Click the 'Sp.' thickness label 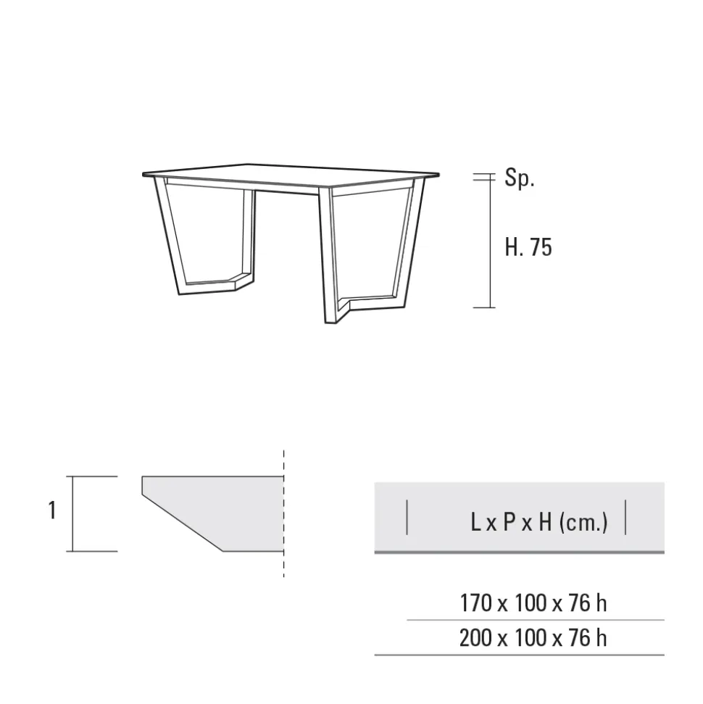point(520,178)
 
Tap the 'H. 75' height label point(528,247)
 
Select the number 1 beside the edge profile point(52,510)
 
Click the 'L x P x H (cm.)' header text point(539,522)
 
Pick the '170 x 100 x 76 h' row point(533,603)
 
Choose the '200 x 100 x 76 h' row point(533,637)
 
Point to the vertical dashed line point(283,513)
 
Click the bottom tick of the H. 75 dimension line point(484,307)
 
